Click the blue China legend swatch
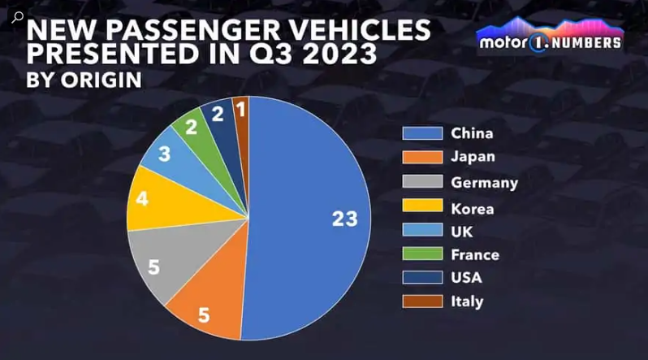click(421, 133)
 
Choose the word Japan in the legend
click(472, 158)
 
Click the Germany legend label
click(485, 182)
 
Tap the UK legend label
click(462, 231)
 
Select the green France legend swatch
click(421, 254)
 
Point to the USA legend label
click(466, 277)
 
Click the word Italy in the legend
click(467, 301)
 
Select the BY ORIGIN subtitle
click(84, 80)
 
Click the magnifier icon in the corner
click(17, 16)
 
